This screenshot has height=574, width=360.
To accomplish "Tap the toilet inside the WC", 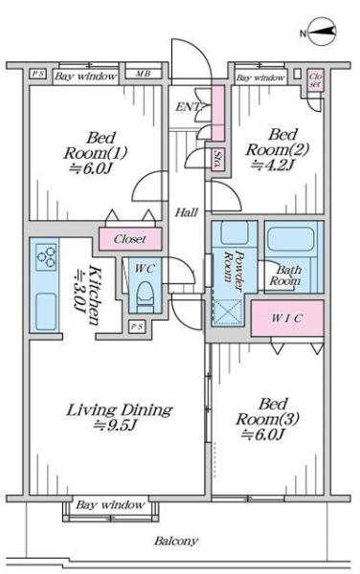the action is coord(145,295).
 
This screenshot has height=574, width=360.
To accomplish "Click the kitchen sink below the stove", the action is coord(46,310).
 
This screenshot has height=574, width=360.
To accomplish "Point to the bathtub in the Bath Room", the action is coord(290,239).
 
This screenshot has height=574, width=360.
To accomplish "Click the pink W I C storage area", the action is coord(287,319).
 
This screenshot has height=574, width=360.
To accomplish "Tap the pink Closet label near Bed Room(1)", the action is coord(130,239).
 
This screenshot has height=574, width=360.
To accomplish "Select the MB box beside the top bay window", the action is coord(144,74).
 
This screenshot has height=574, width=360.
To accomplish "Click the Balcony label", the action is coord(176,541).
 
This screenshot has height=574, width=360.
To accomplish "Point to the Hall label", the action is coord(187,212).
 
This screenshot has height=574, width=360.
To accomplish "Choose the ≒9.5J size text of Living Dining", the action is coord(115,425).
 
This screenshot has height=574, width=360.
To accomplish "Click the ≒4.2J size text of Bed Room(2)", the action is coord(273,166).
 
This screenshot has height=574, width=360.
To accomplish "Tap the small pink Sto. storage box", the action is coord(218,159).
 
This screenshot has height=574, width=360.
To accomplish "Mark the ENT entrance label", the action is coord(188,107).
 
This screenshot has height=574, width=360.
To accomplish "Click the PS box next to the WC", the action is coord(137,327).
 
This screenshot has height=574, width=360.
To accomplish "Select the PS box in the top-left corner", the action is coord(37,74).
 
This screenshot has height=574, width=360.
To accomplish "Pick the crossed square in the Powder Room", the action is coord(228,312).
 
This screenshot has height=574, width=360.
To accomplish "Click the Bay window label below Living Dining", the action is coord(110,505).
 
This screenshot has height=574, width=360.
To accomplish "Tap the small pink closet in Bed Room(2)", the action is coord(315,80).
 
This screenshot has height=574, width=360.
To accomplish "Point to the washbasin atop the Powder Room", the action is coord(235,232).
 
